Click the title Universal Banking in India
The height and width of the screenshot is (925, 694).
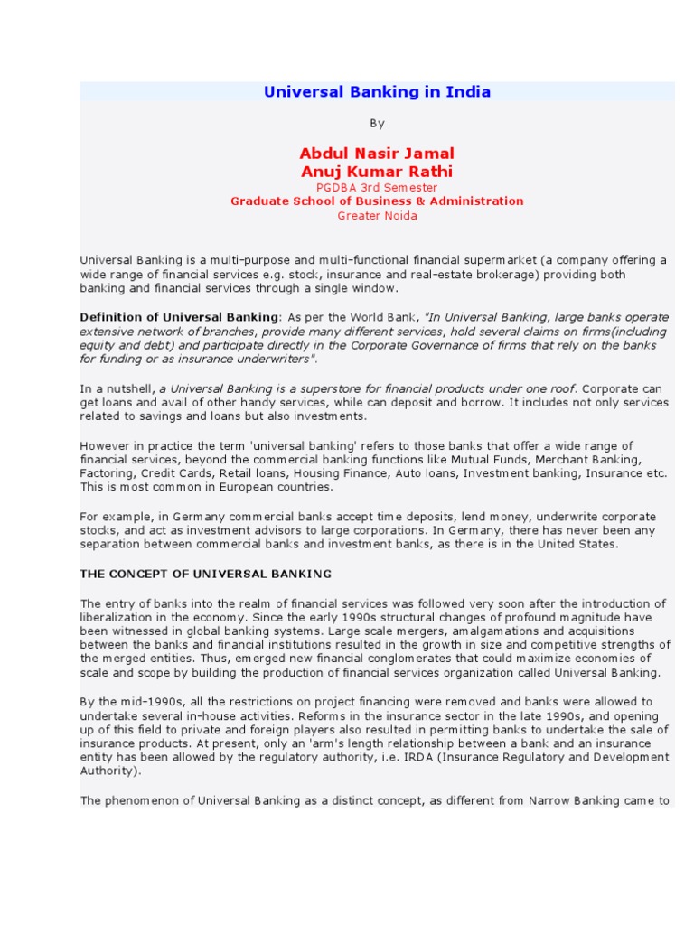point(377,92)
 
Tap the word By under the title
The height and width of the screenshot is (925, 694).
point(377,123)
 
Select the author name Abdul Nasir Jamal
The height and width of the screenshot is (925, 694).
point(377,154)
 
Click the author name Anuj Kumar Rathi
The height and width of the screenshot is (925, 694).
point(377,172)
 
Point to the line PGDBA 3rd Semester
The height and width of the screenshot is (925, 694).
point(377,187)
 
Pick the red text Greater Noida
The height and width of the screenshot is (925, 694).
point(377,216)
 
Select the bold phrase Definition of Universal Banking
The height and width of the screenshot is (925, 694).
point(179,317)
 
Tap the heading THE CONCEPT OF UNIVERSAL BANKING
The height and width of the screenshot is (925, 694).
point(206,575)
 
